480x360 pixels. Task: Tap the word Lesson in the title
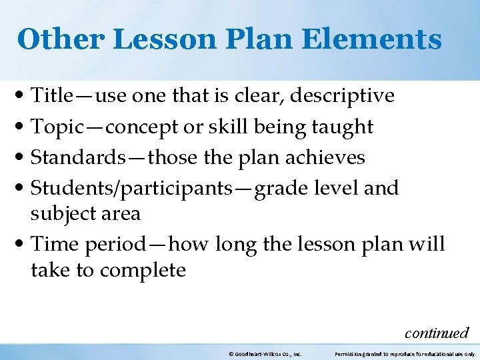[x=153, y=39]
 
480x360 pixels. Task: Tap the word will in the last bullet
[x=427, y=244]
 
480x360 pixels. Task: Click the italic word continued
[x=437, y=332]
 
